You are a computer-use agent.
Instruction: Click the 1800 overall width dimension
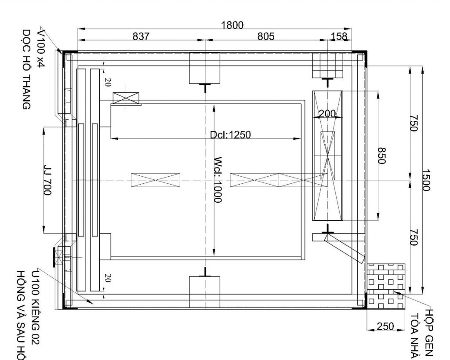(232, 25)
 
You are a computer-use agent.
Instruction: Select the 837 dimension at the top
(141, 36)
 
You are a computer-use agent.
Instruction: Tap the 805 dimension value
(266, 36)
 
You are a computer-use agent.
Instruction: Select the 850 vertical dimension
(381, 155)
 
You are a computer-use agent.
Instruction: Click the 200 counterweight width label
(327, 114)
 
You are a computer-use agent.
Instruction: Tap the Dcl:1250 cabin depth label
(230, 135)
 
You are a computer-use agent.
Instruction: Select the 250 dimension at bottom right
(385, 326)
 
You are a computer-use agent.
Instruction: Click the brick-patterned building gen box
(385, 285)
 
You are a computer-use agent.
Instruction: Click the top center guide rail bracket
(205, 69)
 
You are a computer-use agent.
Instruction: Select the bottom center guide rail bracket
(205, 290)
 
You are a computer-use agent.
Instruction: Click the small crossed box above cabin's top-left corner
(126, 98)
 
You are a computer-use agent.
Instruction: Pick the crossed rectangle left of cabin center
(156, 180)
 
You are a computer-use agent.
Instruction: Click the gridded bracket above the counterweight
(327, 66)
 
